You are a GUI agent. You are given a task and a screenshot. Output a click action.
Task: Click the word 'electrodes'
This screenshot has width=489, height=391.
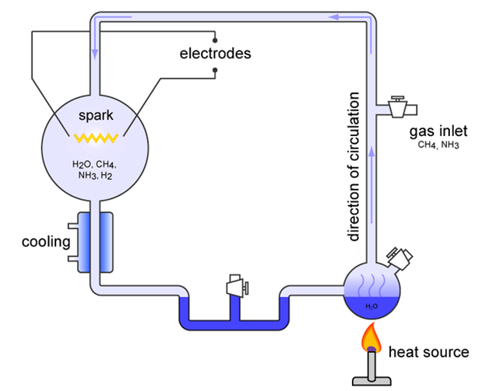215,54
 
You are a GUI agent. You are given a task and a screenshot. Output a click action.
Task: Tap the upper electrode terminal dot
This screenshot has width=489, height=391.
215,40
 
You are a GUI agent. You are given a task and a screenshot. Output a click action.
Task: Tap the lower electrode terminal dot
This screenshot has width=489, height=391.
215,70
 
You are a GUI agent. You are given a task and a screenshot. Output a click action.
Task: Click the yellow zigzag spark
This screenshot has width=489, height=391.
96,138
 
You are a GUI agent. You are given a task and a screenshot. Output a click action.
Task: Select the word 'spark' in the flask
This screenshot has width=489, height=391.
96,116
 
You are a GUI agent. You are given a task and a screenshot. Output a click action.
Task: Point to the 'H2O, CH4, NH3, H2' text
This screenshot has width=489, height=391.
94,169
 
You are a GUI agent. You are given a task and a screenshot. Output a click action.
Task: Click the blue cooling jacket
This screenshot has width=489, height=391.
95,243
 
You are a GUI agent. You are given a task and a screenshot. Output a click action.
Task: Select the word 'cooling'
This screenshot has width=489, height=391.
46,243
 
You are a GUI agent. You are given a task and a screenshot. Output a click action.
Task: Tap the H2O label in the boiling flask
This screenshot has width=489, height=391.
371,306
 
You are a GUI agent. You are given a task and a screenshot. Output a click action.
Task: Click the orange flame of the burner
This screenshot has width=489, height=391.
371,337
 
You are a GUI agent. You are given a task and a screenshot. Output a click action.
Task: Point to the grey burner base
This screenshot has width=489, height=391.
371,382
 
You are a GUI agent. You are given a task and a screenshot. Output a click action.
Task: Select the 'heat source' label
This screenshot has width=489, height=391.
429,352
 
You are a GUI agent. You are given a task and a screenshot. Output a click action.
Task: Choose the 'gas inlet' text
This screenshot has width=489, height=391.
438,131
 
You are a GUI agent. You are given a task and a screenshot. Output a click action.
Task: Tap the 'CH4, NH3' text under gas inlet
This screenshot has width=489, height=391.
438,145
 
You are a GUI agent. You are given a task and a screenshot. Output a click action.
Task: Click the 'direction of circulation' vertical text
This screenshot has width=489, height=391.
354,166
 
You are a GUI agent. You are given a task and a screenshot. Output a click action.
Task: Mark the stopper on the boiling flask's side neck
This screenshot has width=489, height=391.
400,258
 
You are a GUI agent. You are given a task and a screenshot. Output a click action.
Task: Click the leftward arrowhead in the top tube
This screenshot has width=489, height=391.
334,16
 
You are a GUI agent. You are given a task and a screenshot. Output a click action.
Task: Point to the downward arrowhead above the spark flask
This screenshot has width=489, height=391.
95,54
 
